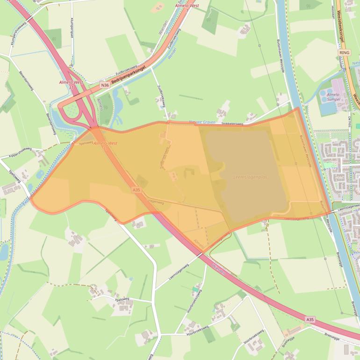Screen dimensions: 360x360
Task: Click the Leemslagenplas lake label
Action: pyautogui.click(x=250, y=178)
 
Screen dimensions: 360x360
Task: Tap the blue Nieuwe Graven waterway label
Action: pyautogui.click(x=202, y=122)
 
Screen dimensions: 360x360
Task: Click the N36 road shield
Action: pyautogui.click(x=105, y=85)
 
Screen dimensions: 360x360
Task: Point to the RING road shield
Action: pyautogui.click(x=345, y=53)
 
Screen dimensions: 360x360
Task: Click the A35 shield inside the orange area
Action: pyautogui.click(x=136, y=190)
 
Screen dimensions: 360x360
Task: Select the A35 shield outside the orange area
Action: pyautogui.click(x=310, y=319)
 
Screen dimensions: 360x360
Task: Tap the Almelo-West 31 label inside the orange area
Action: pyautogui.click(x=105, y=145)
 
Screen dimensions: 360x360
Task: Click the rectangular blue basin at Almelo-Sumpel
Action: pyautogui.click(x=328, y=108)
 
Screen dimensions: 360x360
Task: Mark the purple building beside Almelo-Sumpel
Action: pyautogui.click(x=337, y=86)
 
